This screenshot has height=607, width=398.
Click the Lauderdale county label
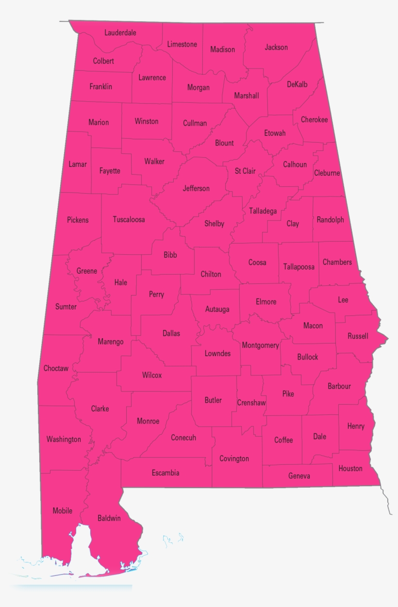120,33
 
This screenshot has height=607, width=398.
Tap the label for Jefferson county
196,188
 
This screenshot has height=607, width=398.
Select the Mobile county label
63,510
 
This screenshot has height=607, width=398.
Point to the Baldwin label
109,518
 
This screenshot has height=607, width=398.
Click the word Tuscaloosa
129,219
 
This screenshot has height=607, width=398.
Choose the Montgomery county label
260,345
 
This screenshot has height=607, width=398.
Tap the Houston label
350,468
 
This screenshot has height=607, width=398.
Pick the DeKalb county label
297,84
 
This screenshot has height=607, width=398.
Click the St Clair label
245,171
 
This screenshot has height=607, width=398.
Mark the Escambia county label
166,473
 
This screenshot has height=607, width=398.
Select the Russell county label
358,336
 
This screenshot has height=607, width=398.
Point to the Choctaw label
56,368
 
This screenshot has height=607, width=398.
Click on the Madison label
222,49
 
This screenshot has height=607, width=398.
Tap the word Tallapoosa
299,266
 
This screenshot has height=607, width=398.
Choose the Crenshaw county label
251,403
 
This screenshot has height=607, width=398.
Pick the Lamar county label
78,164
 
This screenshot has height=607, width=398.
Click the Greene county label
87,271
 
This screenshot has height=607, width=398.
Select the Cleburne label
327,173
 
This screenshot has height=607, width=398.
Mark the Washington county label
64,439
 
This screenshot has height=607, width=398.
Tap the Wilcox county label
152,375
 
